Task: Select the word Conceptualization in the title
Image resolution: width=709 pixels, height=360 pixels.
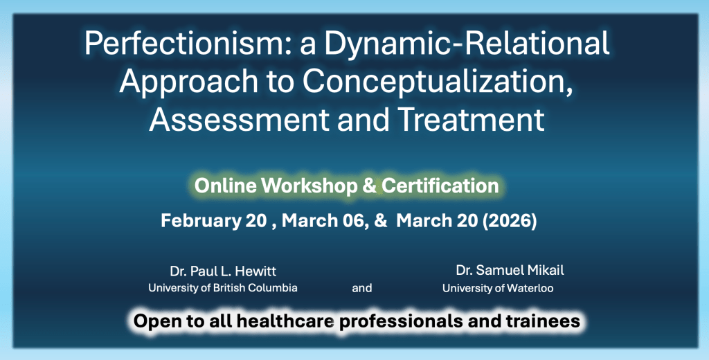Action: coord(435,83)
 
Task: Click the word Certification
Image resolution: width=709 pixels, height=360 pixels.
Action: coord(440,186)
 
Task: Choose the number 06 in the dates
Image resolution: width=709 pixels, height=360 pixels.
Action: coord(355,221)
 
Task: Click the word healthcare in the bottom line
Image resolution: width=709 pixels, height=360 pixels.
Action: coord(285,321)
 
